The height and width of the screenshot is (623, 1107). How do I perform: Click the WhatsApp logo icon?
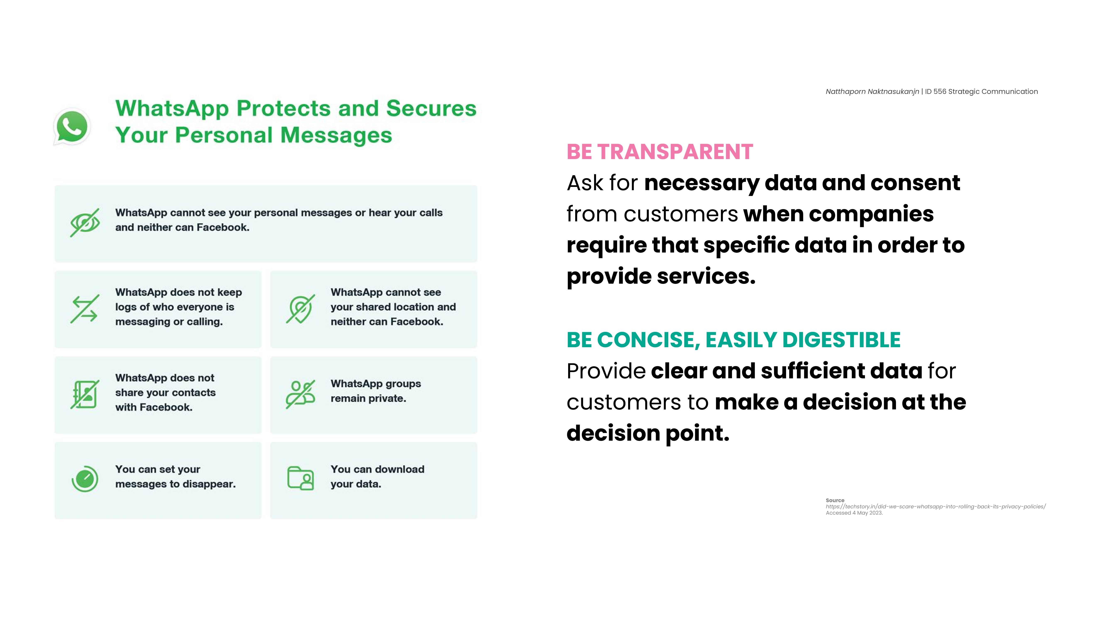[72, 126]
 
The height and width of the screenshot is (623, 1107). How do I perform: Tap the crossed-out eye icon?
[85, 222]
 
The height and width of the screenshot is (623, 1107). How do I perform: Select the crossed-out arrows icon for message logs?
[85, 309]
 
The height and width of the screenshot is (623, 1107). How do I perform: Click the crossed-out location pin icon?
[300, 309]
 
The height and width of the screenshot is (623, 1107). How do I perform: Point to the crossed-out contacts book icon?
[85, 394]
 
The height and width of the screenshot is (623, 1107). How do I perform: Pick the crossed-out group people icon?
[300, 394]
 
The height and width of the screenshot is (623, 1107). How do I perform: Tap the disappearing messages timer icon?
[85, 478]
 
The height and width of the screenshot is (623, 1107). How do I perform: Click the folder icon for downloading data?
[300, 478]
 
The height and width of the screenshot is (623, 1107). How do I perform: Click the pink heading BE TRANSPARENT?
[660, 152]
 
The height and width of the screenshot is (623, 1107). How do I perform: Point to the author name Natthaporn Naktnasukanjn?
[872, 92]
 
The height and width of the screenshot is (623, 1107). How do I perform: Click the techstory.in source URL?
[936, 506]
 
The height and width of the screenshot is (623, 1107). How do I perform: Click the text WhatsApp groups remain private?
[376, 391]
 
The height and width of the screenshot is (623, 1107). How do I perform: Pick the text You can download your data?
[377, 476]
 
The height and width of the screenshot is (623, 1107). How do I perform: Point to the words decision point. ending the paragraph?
[648, 433]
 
